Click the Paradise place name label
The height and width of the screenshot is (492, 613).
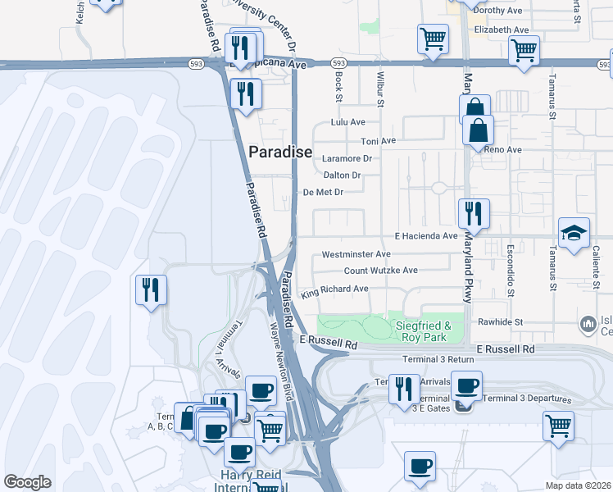point(280,152)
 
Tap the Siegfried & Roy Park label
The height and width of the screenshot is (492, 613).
point(425,331)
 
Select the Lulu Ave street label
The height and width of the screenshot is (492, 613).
point(347,122)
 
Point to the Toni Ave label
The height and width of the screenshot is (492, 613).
point(378,141)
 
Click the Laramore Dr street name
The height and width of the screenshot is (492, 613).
point(347,158)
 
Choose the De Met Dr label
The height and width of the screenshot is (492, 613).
point(322,193)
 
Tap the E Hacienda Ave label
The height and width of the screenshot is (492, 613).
point(425,236)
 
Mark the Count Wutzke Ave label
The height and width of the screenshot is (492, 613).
point(380,271)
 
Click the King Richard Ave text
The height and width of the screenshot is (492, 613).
point(334,290)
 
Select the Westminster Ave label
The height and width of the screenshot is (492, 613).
point(356,255)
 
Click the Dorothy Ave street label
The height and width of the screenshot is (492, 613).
point(498,11)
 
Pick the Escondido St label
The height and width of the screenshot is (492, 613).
point(510,270)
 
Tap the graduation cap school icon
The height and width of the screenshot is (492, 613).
point(574,233)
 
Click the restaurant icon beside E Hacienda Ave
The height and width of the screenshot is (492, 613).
point(474,214)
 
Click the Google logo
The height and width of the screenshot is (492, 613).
point(28,482)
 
